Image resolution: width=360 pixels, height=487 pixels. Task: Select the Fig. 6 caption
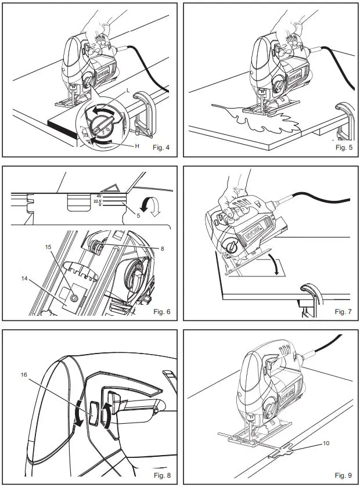(x=161, y=312)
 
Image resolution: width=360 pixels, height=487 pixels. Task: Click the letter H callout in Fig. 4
(x=137, y=146)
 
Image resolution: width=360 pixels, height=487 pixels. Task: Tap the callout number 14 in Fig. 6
(x=24, y=279)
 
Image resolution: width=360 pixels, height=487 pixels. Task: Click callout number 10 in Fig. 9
(x=326, y=443)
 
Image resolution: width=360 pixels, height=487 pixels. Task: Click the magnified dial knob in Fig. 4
(x=102, y=122)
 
